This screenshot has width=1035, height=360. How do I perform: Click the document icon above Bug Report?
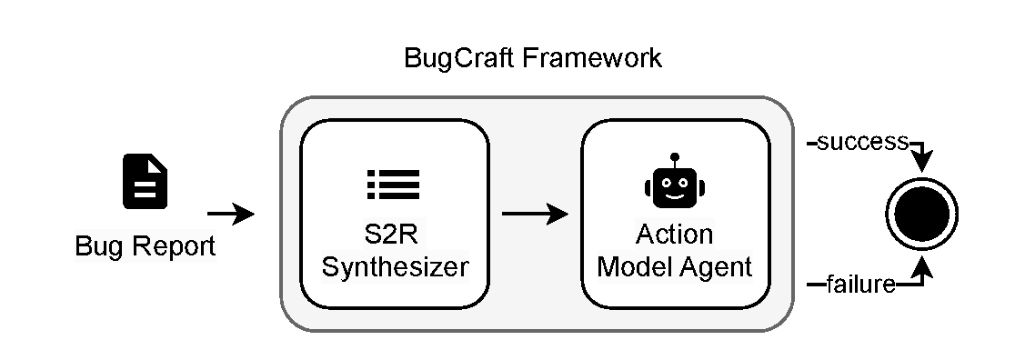[146, 182]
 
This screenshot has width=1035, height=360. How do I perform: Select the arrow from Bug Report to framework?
[231, 215]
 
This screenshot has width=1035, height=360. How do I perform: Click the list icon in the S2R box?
[393, 184]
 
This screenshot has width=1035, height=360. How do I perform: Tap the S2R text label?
[394, 235]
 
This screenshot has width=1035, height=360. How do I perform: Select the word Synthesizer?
[394, 267]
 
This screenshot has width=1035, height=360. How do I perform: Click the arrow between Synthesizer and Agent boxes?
[535, 215]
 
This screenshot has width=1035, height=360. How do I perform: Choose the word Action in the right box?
[675, 235]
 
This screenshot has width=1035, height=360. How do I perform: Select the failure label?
[859, 286]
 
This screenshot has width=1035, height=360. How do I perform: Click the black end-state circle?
[922, 213]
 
